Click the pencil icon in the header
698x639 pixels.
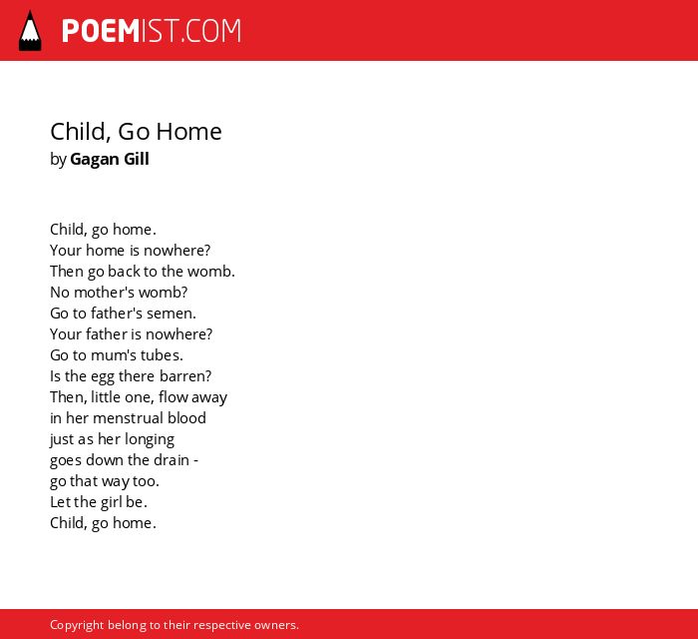point(30,31)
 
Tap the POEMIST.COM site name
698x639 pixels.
point(152,31)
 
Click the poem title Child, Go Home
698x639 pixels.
point(136,132)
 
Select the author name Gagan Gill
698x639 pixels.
point(110,159)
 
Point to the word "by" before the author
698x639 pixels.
point(58,160)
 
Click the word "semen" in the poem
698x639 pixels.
point(172,314)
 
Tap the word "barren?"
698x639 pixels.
point(185,376)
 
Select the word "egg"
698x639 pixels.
point(103,377)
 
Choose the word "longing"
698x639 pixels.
point(150,440)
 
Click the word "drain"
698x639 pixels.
point(172,460)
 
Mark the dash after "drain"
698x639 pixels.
point(195,460)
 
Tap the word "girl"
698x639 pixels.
point(111,503)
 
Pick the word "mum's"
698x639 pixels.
point(111,355)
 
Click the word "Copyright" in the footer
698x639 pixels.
point(77,626)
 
